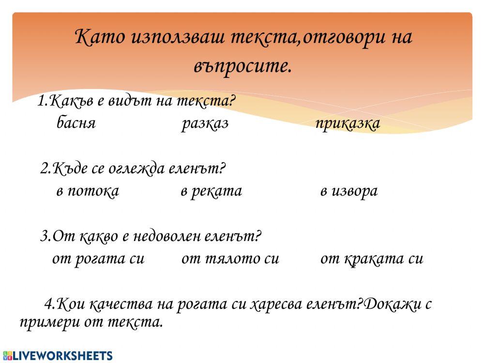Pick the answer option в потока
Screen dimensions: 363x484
(88, 191)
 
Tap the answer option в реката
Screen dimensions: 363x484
(211, 191)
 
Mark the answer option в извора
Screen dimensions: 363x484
(348, 191)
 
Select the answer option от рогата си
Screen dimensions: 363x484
(98, 259)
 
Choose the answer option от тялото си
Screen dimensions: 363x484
(230, 259)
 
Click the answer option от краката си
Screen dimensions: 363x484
(371, 259)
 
